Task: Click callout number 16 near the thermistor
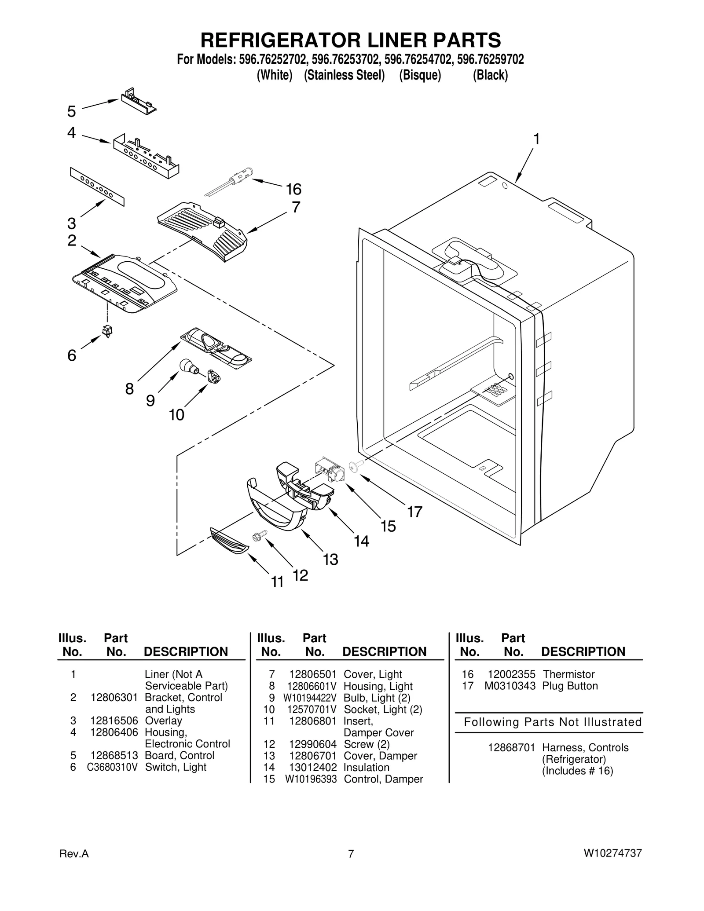coord(293,190)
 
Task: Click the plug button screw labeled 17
coord(355,467)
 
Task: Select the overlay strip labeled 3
coord(97,187)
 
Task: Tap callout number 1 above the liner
coord(536,139)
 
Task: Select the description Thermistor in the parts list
coord(568,674)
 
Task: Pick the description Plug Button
coord(570,686)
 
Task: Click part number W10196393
coord(311,779)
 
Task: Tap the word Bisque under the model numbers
coord(420,75)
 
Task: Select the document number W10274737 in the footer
coord(612,854)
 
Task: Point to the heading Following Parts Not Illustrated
coord(553,722)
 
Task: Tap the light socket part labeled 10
coord(214,376)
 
